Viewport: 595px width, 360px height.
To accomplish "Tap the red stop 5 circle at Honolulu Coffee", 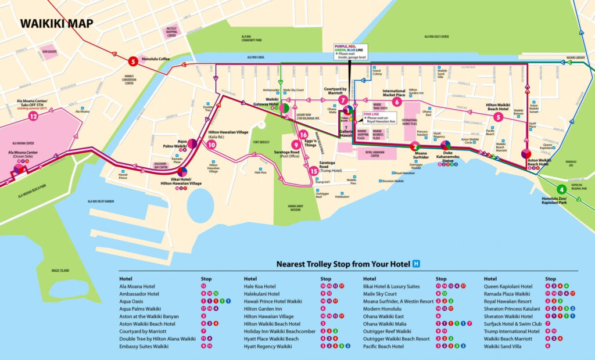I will (x=132, y=60).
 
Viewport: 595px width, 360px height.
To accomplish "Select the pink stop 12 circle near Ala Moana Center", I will (x=33, y=116).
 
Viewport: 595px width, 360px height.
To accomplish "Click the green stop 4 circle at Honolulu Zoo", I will (x=561, y=189).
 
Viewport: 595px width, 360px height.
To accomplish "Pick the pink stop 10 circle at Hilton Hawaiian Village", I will (x=212, y=145).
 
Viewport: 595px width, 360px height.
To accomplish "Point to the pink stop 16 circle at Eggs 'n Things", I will (x=303, y=135).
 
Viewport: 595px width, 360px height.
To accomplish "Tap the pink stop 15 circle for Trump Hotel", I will (x=314, y=171).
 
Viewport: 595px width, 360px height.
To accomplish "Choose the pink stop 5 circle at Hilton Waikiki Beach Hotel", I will (x=497, y=117).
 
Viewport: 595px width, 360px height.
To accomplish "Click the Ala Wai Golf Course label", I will (x=436, y=37).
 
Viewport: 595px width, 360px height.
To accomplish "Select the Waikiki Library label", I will (x=576, y=58).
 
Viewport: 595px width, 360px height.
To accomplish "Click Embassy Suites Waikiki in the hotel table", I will (x=144, y=346).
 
